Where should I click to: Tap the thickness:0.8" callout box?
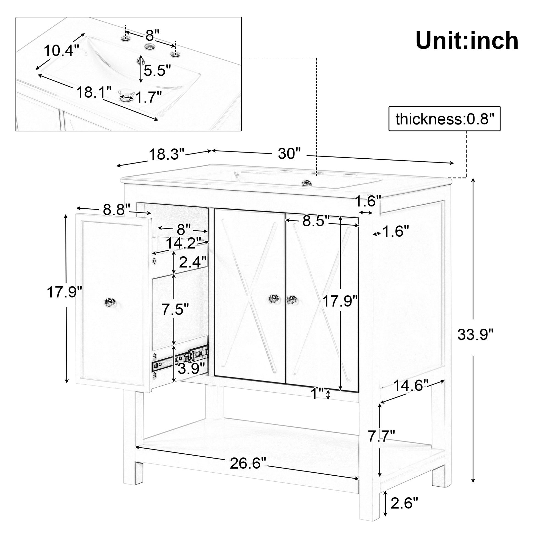click(x=445, y=119)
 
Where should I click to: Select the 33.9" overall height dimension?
click(x=475, y=335)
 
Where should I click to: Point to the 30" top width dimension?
click(x=289, y=153)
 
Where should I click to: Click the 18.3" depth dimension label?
click(x=166, y=154)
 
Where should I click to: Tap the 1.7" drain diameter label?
click(x=148, y=97)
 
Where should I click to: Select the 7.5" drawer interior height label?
click(x=175, y=309)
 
